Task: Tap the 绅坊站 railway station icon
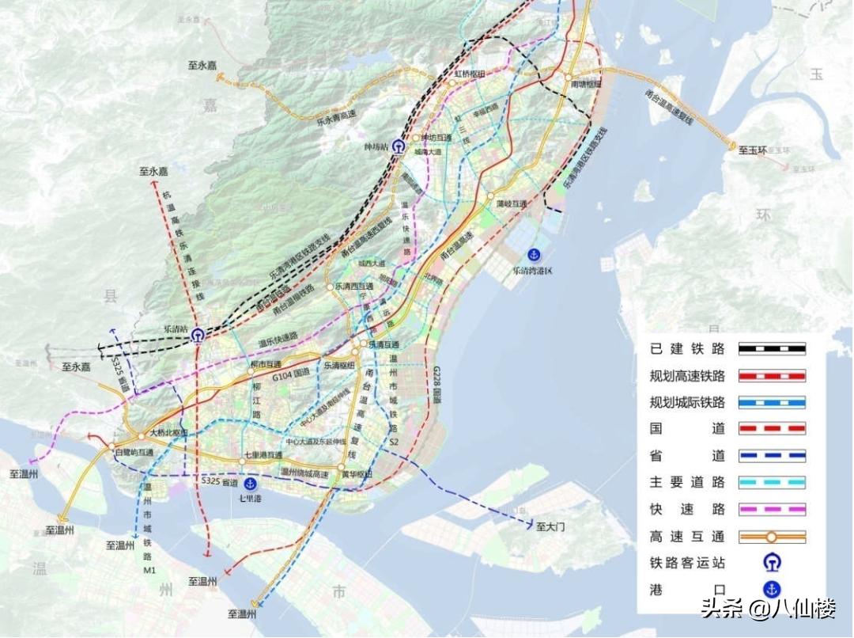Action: pos(398,147)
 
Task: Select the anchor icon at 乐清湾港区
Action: pos(534,254)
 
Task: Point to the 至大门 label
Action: pos(551,526)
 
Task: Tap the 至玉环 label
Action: pos(753,149)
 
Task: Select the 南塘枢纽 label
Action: pos(586,83)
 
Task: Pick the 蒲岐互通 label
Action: pos(512,203)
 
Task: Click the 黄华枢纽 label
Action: pos(357,473)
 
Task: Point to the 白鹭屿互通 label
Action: pos(132,451)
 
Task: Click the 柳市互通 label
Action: pos(266,364)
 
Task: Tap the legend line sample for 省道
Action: pos(772,455)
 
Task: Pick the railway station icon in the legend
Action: pos(772,563)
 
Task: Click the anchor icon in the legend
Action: pos(772,590)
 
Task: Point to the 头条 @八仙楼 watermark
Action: pos(767,610)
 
